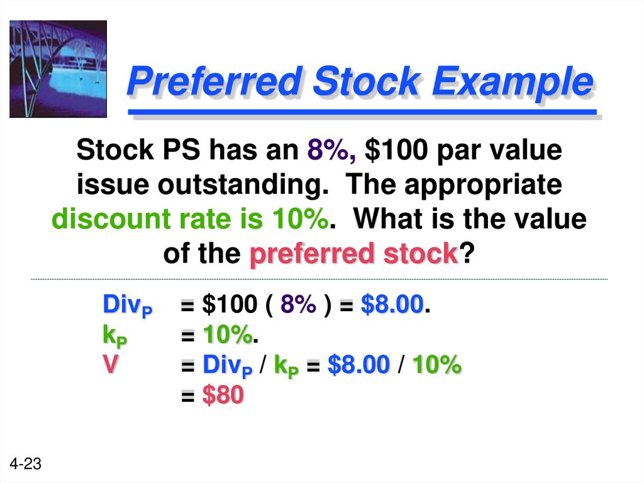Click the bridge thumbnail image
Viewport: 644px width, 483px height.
point(58,69)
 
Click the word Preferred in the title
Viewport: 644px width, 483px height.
point(211,82)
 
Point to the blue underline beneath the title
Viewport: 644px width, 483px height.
point(362,113)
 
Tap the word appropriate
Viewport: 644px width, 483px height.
point(483,186)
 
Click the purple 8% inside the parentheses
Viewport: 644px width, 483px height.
point(299,306)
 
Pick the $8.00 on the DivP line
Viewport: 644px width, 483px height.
point(392,306)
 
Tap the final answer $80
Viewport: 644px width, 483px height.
point(223,395)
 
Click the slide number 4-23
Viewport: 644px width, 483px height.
point(26,465)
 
